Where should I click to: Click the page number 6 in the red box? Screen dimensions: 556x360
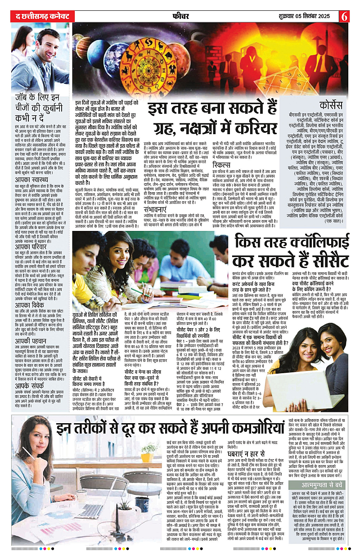(x=345, y=15)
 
